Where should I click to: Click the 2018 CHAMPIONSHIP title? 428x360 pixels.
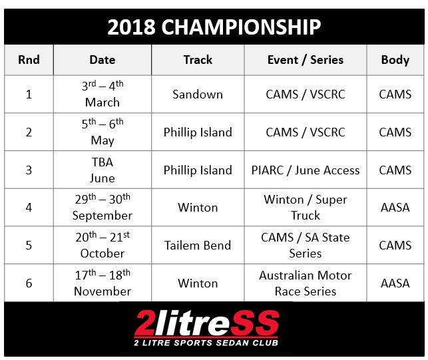(214, 27)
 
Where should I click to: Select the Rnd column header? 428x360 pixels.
(29, 60)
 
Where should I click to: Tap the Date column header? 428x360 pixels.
(103, 60)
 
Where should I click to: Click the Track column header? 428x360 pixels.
(198, 60)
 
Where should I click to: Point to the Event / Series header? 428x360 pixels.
(306, 60)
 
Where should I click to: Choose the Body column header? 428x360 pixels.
(395, 60)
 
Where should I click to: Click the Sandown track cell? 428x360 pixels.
(198, 94)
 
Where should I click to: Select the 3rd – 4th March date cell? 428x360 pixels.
(103, 94)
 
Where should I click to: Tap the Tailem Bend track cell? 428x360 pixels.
(198, 245)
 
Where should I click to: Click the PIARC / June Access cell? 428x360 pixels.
(306, 170)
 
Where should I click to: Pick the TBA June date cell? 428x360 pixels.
(103, 170)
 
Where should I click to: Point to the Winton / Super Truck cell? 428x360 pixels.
(306, 208)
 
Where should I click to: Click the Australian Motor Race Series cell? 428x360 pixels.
(306, 283)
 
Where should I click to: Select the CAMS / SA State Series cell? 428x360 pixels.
(306, 245)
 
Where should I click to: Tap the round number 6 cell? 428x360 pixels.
(29, 283)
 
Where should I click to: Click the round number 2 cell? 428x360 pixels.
(29, 132)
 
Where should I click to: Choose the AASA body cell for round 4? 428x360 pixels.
(395, 208)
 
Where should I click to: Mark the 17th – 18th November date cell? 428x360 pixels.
(103, 283)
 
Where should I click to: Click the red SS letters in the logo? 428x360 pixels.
(254, 323)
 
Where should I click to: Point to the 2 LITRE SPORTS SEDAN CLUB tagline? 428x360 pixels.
(206, 343)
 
